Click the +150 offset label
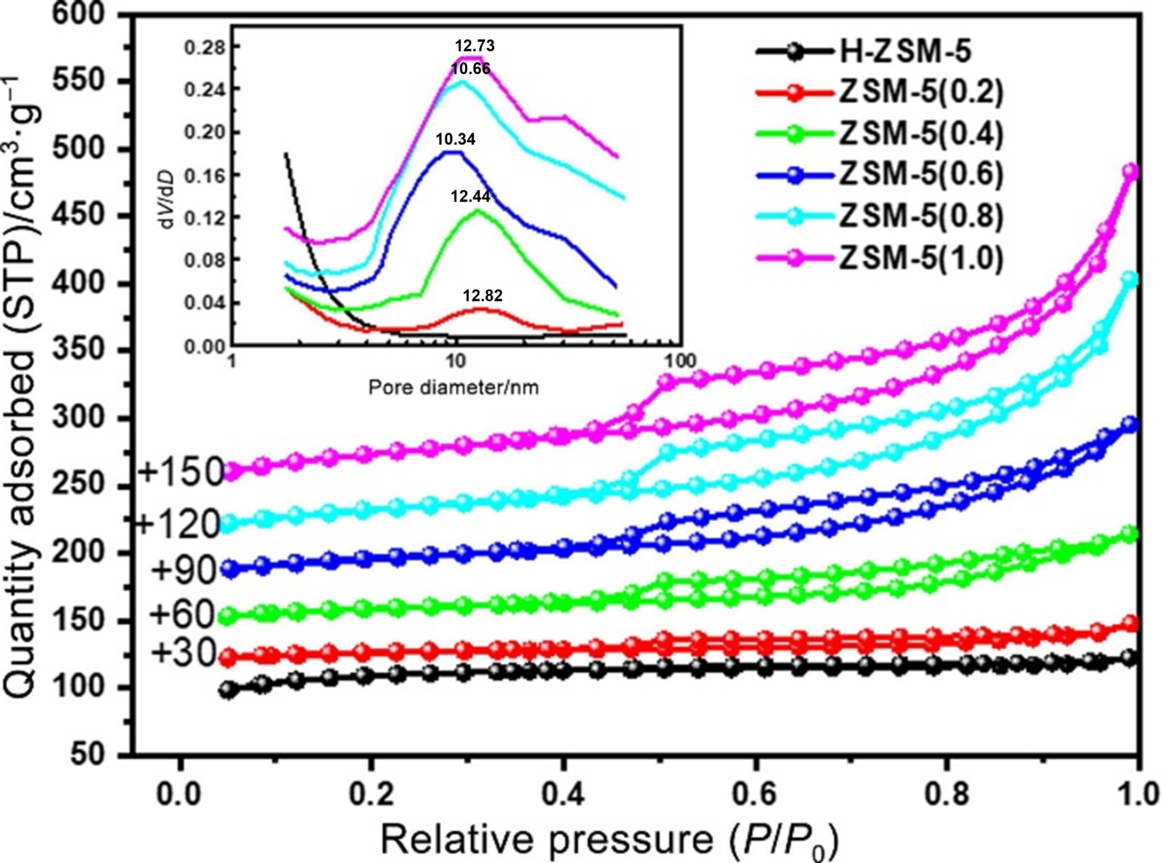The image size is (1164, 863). (181, 472)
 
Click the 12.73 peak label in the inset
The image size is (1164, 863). (475, 46)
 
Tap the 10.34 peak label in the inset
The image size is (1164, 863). (456, 140)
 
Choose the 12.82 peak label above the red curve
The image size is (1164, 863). (482, 296)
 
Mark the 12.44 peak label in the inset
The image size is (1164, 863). (471, 196)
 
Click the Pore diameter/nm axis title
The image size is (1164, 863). (453, 388)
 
